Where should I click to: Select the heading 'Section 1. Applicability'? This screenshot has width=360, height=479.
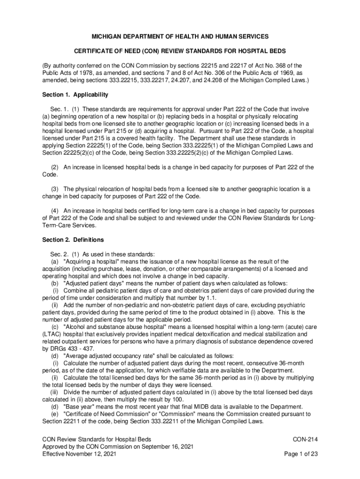(75, 94)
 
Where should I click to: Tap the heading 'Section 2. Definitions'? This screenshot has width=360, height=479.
(73, 240)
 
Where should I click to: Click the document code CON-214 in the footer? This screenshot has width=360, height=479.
(305, 439)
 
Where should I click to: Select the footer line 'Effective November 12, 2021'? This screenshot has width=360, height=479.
(79, 454)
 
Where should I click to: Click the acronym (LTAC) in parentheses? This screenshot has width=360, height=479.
(52, 334)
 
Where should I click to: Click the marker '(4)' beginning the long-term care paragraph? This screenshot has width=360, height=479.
(56, 210)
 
